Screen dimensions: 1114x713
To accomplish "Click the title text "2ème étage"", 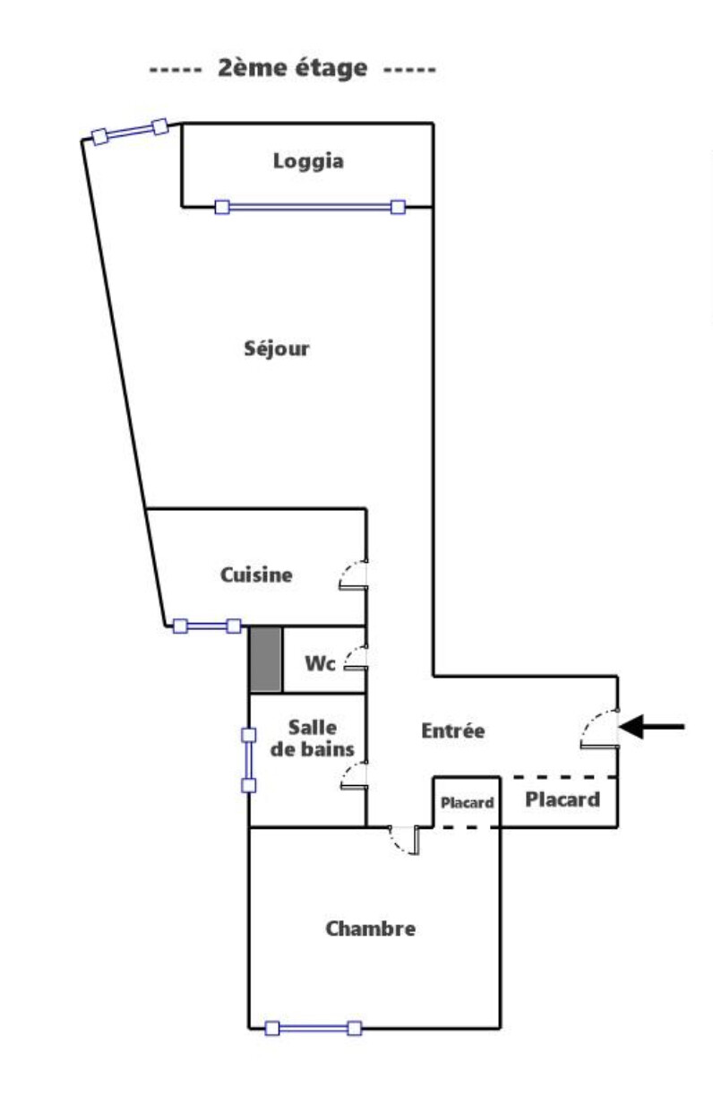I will [292, 69].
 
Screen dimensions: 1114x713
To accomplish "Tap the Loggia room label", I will [308, 162].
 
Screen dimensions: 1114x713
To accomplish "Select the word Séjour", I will [277, 349].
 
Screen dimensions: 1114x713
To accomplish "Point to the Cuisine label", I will [256, 575].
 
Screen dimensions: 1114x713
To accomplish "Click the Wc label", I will [321, 664].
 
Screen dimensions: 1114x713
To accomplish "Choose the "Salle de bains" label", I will [313, 738].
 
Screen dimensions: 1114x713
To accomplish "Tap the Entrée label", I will [453, 731].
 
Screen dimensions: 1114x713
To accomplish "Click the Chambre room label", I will [370, 929].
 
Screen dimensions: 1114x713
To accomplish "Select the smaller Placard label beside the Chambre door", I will [467, 803].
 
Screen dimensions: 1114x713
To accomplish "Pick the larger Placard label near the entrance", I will [563, 799].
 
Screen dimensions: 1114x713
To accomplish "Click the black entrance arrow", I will [651, 727].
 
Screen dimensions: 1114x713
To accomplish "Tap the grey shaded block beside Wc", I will [265, 660].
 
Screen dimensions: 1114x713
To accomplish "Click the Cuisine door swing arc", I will [353, 575].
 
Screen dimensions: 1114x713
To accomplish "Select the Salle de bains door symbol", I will [353, 776].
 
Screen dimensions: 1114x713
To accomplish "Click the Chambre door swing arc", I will [405, 840].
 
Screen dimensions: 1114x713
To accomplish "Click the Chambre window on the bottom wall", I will [314, 1028].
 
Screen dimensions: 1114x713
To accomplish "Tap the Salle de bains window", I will [249, 760].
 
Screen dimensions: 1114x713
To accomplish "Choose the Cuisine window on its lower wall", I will [207, 626].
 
